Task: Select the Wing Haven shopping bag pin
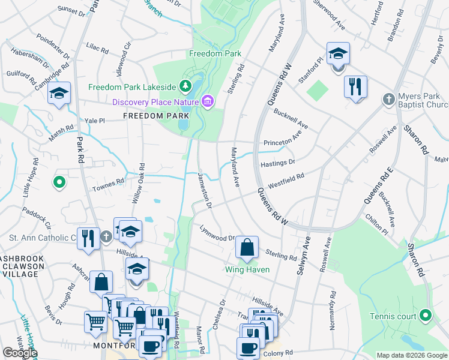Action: pos(247,247)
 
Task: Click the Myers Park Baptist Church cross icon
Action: pos(389,98)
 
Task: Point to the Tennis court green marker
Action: pos(426,314)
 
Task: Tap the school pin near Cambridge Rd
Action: pos(59,94)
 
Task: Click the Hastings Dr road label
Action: pos(277,163)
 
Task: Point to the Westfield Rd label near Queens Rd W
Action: pos(286,179)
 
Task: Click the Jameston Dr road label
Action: pos(205,190)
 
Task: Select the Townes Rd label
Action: pos(107,184)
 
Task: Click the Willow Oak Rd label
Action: pos(141,182)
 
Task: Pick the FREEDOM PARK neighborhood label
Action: pos(148,115)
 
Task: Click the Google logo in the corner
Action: pos(20,353)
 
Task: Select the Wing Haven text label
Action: pos(247,269)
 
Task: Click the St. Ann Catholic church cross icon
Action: pos(106,236)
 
